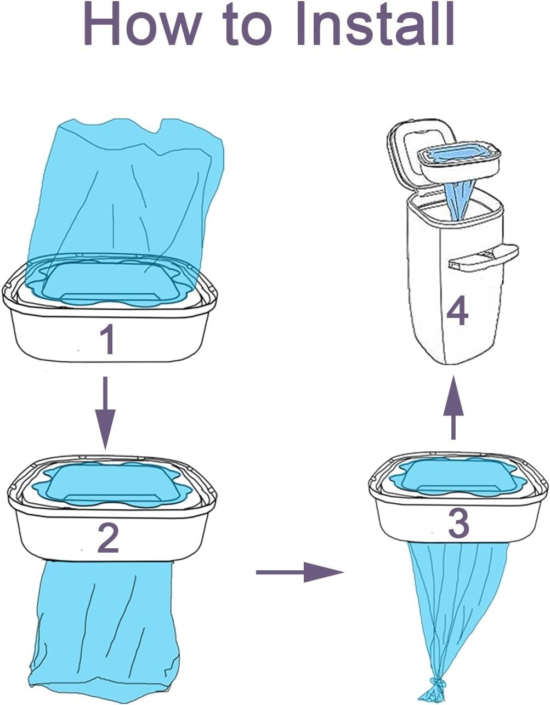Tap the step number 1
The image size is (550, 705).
(107, 340)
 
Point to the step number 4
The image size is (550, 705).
(457, 311)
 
